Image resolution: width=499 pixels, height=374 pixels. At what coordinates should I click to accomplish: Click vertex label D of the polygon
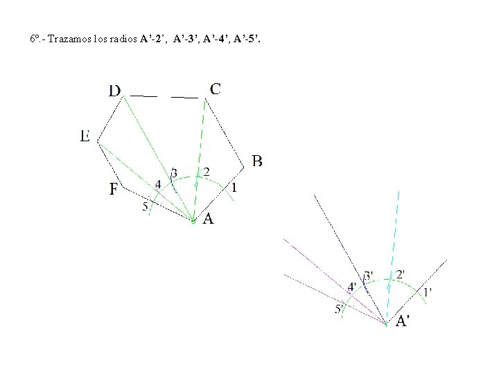point(114,91)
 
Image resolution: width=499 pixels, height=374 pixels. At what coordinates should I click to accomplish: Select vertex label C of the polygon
point(216,89)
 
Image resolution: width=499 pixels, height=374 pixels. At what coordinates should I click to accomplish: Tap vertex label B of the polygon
point(256,161)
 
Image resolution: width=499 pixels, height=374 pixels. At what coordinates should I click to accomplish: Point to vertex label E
point(85,136)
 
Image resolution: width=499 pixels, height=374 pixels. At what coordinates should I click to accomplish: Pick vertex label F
point(114,188)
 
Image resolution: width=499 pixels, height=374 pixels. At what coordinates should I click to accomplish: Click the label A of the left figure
point(208,219)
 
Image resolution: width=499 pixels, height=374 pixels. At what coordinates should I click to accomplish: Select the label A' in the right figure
point(403,321)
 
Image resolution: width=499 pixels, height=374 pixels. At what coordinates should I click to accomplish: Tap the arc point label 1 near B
point(234,187)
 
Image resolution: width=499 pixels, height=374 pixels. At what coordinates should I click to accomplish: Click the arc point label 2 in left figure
point(206,171)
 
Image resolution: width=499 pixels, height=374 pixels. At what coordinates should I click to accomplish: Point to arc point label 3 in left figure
point(173,172)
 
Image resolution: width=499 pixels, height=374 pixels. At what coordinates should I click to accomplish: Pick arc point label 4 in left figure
point(158,184)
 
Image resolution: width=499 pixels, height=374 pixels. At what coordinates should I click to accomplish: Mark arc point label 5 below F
point(145,206)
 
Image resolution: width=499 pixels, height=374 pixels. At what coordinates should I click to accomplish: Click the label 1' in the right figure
point(427,292)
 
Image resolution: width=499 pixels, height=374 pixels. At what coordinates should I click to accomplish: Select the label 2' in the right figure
point(401,274)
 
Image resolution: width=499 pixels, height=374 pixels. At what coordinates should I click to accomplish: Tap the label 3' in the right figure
point(368,275)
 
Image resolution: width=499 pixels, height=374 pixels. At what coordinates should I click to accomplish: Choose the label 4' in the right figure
point(352,287)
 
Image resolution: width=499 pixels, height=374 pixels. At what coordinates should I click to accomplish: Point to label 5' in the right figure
point(340,309)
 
